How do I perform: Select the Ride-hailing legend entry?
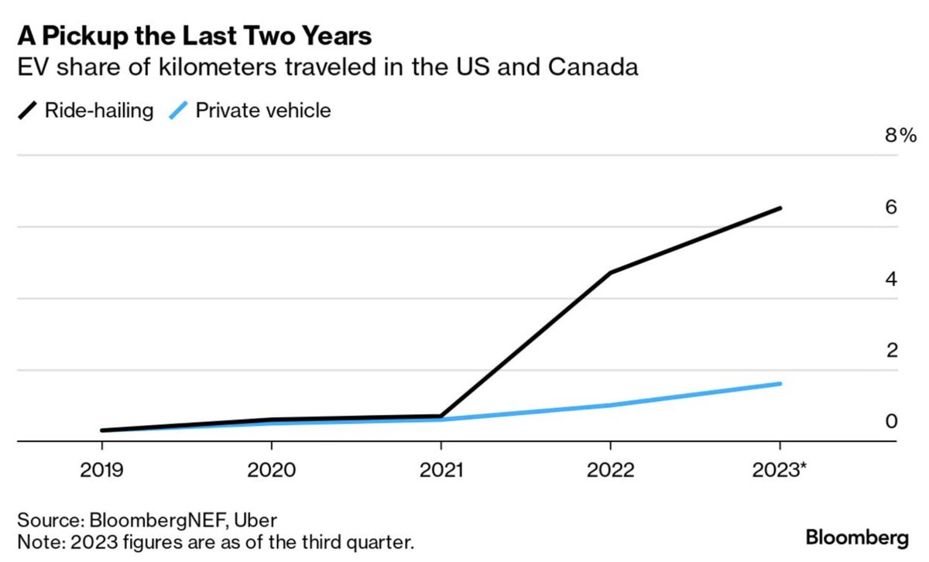85,111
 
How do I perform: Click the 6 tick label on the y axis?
892,207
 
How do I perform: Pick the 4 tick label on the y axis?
892,279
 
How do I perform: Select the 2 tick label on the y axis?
892,350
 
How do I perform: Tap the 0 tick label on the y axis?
892,421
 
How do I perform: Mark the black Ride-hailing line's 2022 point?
610,272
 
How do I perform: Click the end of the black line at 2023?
780,208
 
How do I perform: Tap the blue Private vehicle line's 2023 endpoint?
780,383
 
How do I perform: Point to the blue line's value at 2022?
610,405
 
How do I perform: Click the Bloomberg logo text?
857,537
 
